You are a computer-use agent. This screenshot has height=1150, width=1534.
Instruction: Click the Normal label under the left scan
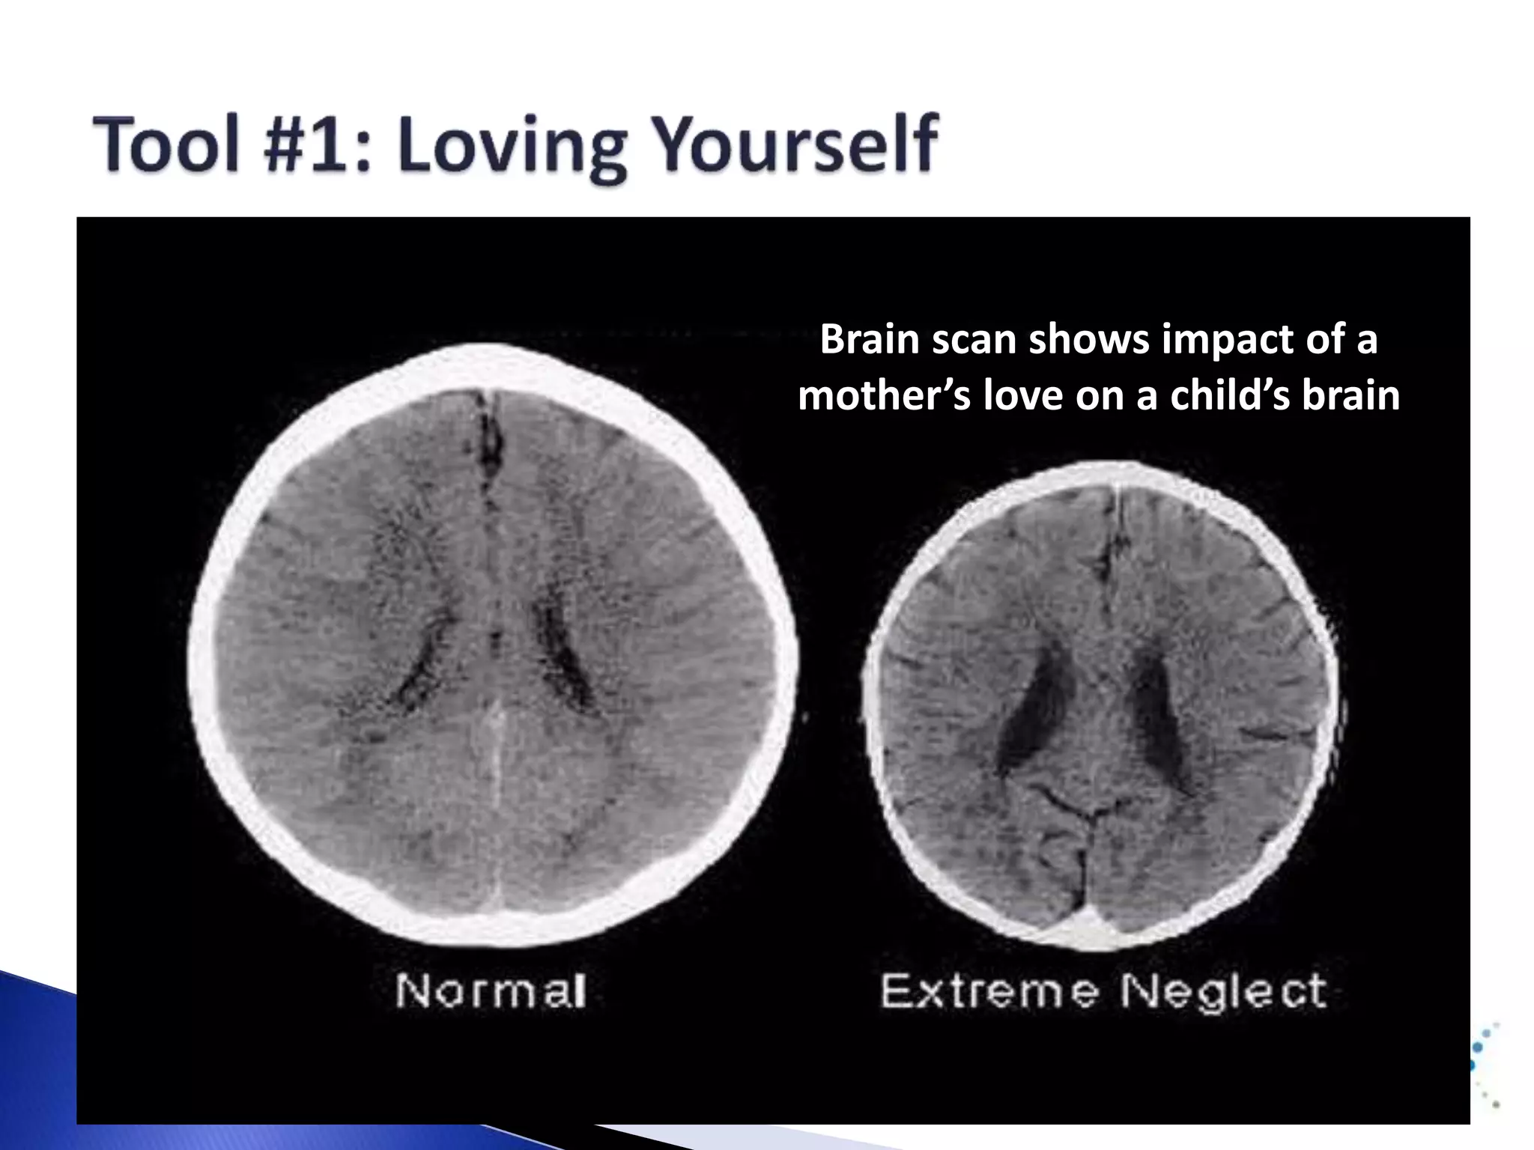pyautogui.click(x=491, y=991)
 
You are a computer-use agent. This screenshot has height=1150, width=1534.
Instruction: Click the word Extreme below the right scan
pyautogui.click(x=989, y=991)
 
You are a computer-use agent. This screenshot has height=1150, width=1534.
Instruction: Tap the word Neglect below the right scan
pyautogui.click(x=1223, y=991)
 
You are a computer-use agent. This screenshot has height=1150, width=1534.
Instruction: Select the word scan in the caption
pyautogui.click(x=974, y=339)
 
